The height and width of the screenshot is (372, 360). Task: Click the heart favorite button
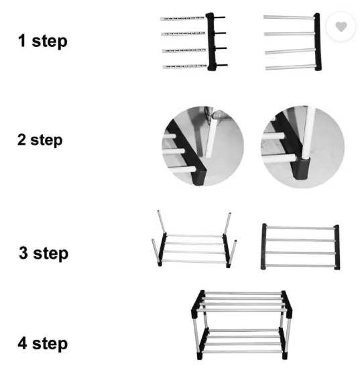(x=341, y=27)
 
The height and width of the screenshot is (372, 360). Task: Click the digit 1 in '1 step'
(x=22, y=41)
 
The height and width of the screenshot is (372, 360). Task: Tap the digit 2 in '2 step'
(x=21, y=139)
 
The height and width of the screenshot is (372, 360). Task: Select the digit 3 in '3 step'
(x=23, y=253)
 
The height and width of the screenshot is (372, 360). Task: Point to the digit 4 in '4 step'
(x=22, y=343)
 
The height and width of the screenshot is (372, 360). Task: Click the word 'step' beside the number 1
(x=50, y=42)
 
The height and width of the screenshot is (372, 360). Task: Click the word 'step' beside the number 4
(x=50, y=345)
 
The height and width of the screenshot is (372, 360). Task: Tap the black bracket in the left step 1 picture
(x=211, y=42)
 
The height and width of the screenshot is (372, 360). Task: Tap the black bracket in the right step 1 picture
(x=318, y=42)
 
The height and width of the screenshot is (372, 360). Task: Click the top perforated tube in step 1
(x=182, y=18)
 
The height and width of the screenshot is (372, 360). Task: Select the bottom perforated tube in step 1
(x=185, y=66)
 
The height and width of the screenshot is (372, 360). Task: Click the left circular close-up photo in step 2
(x=203, y=146)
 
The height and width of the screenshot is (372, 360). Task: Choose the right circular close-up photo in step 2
(x=303, y=147)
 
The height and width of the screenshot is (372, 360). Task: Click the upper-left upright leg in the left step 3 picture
(x=161, y=223)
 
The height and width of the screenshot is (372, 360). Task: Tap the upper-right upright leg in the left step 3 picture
(x=227, y=223)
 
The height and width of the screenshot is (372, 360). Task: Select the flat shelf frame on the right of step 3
(x=301, y=247)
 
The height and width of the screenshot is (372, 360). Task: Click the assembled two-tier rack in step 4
(x=241, y=325)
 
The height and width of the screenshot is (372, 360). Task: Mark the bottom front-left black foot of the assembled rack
(x=200, y=355)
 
